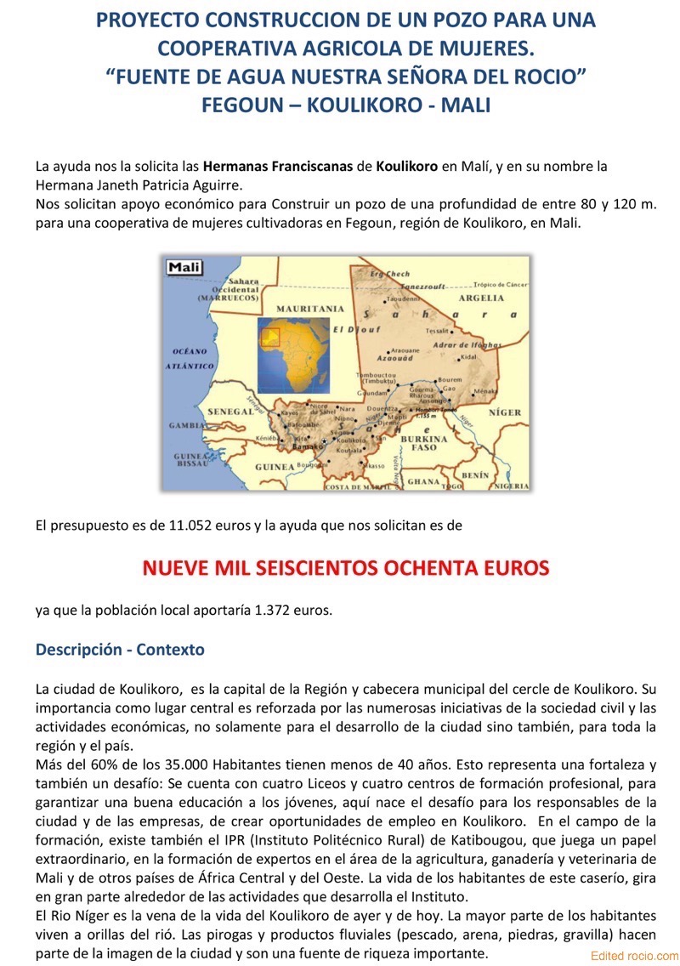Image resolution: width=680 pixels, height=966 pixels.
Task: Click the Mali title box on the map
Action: click(184, 267)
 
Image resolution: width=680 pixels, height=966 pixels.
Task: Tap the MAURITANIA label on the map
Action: click(309, 309)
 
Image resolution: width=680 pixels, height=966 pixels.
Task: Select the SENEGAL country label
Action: click(229, 412)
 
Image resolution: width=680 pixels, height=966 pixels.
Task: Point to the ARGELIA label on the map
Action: click(481, 298)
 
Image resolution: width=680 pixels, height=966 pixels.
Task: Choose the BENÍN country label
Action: click(474, 474)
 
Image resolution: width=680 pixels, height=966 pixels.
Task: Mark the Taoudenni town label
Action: click(404, 299)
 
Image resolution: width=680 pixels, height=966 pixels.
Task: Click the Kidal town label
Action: click(468, 357)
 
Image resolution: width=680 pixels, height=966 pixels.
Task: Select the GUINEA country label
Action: click(275, 467)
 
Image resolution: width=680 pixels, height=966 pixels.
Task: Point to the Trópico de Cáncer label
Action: click(501, 284)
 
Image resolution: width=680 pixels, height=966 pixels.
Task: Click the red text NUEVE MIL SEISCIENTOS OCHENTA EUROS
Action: click(346, 567)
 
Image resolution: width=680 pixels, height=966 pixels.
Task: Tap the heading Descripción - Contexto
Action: click(120, 650)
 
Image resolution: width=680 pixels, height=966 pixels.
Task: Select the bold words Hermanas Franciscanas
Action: click(278, 166)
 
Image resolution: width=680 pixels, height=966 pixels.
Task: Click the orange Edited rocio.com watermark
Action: click(634, 956)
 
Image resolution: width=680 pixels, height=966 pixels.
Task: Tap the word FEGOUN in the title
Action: click(240, 105)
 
